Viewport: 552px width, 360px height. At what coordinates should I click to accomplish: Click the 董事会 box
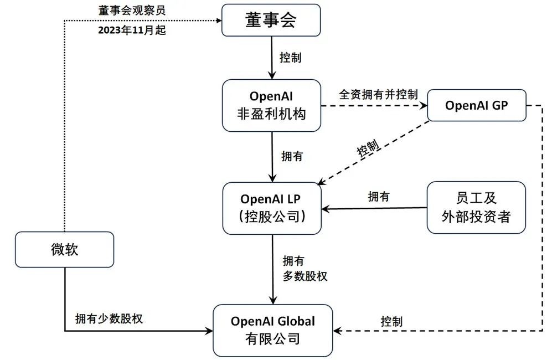(271, 20)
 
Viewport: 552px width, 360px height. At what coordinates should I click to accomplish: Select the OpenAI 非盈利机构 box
(271, 105)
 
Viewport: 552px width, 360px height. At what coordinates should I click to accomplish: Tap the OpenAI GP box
(477, 105)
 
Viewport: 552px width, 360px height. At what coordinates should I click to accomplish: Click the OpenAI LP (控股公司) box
(272, 208)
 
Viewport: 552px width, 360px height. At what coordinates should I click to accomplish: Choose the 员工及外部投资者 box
(476, 207)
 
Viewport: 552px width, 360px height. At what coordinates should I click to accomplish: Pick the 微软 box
(64, 249)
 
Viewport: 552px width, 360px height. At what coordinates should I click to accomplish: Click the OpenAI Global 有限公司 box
(273, 330)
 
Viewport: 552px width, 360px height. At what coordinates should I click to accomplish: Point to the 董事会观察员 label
(132, 11)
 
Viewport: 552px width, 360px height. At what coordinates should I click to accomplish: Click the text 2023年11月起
(132, 31)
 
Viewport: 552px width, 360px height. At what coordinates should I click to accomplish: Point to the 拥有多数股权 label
(305, 269)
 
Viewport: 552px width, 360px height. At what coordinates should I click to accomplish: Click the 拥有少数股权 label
(109, 319)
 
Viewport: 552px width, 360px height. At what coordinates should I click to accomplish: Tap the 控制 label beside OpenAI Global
(391, 321)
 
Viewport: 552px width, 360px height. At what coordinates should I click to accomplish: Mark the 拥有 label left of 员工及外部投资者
(379, 196)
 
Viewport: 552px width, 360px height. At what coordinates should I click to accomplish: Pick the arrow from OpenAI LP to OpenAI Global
(272, 269)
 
